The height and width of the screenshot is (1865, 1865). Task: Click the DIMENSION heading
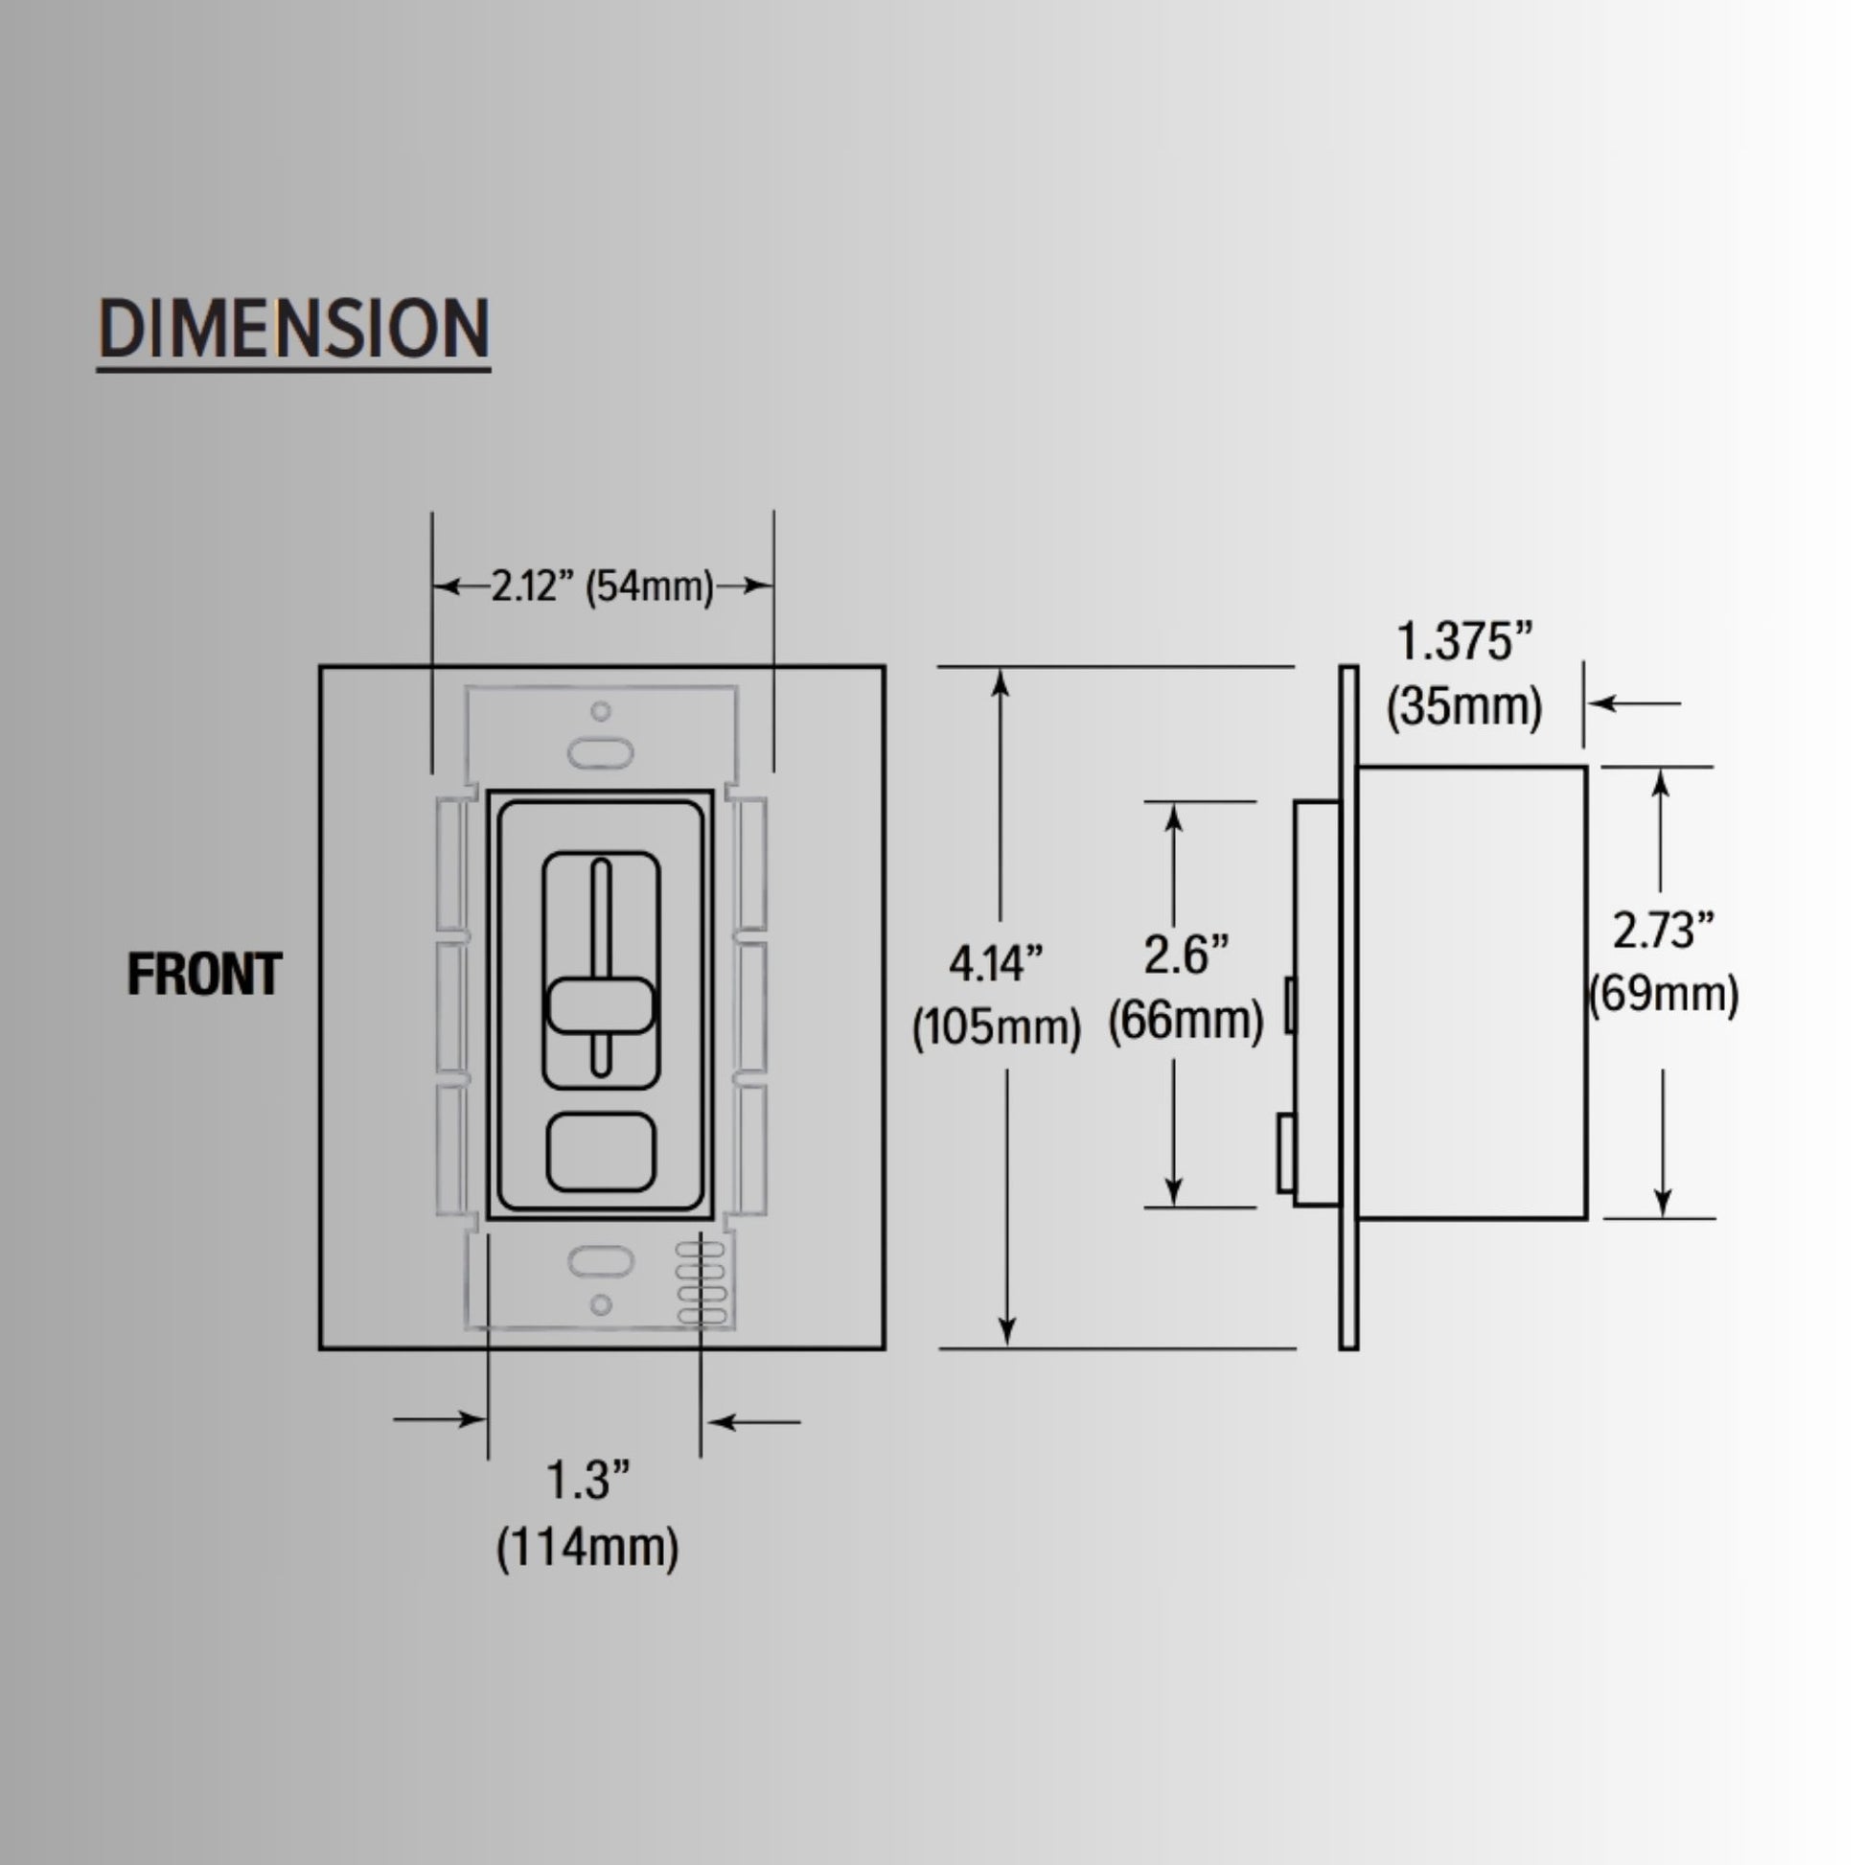(x=293, y=329)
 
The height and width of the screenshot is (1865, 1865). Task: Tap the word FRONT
(x=205, y=974)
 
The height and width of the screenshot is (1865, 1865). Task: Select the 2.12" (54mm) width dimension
(x=603, y=586)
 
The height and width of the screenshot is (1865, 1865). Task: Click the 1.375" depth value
(x=1464, y=642)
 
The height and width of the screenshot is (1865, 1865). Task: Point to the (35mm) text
(x=1464, y=706)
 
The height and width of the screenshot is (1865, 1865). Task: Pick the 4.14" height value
(x=996, y=963)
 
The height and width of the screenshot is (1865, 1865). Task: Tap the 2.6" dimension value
(x=1186, y=955)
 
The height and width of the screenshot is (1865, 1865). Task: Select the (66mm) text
(x=1186, y=1021)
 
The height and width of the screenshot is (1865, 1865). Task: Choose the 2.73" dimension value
(x=1663, y=931)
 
